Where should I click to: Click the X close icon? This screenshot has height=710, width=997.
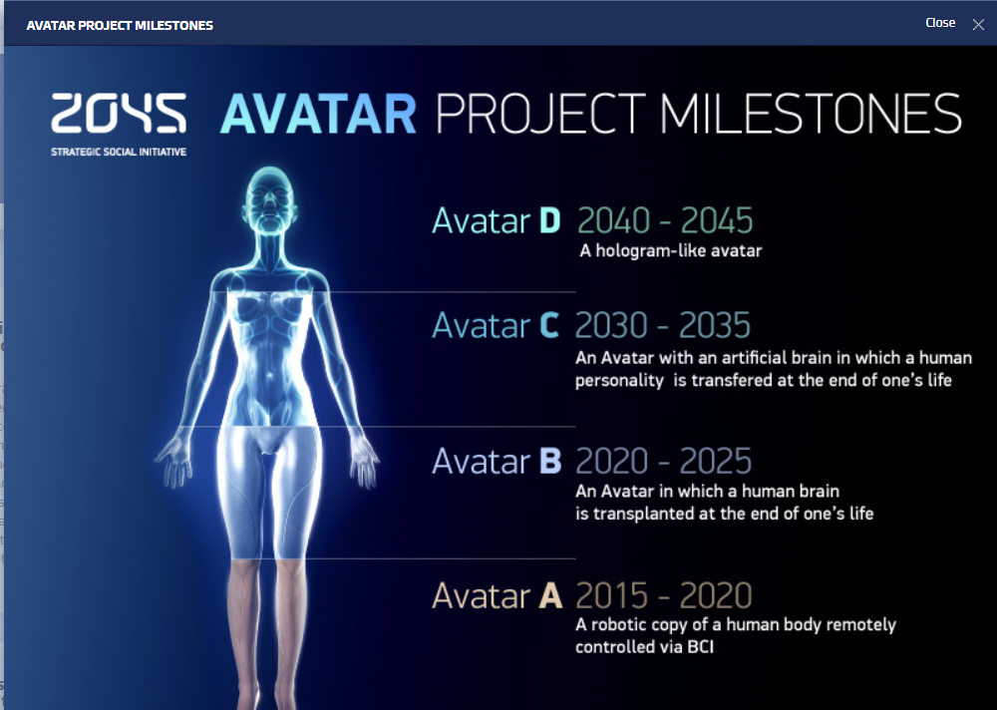[x=978, y=25]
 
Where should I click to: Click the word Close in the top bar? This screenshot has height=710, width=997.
[x=940, y=23]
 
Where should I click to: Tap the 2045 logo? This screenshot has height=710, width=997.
[x=119, y=114]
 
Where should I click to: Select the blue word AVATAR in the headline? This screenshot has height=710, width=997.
[x=318, y=114]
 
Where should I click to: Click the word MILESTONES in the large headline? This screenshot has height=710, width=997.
[x=810, y=114]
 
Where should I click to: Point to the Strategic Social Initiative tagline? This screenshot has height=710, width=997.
[x=119, y=152]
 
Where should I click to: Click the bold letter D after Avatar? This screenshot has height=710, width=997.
[x=550, y=220]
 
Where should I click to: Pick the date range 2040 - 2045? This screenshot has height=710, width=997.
[x=665, y=220]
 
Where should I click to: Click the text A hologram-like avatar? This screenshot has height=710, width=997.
[x=671, y=250]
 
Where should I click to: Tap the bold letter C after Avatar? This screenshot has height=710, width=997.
[x=549, y=325]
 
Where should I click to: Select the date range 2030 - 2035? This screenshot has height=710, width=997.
[x=663, y=325]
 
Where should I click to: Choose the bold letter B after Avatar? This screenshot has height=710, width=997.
[x=550, y=461]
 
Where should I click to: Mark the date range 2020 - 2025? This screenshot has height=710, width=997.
[x=663, y=461]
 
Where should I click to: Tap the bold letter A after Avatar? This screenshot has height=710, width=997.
[x=550, y=595]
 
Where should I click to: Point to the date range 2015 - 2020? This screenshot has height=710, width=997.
[x=664, y=595]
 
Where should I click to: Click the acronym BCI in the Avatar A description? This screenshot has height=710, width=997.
[x=701, y=647]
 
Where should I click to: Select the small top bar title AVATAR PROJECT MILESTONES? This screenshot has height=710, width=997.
[x=120, y=26]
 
